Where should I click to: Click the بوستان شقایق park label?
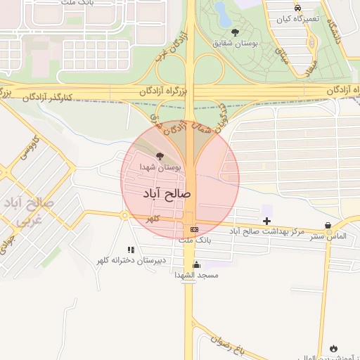pos(236,42)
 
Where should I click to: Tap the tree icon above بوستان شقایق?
pos(235,32)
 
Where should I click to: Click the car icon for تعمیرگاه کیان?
pos(298,8)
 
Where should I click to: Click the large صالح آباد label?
pos(167,193)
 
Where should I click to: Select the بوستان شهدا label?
pos(160,167)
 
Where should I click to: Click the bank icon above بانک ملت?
pos(194,229)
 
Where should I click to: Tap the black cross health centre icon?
pos(266,221)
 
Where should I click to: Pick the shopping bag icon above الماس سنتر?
pos(328,226)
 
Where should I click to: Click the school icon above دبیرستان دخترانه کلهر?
pos(131,250)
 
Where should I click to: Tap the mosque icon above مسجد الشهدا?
pos(197,265)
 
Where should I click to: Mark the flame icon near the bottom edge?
pos(333,349)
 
